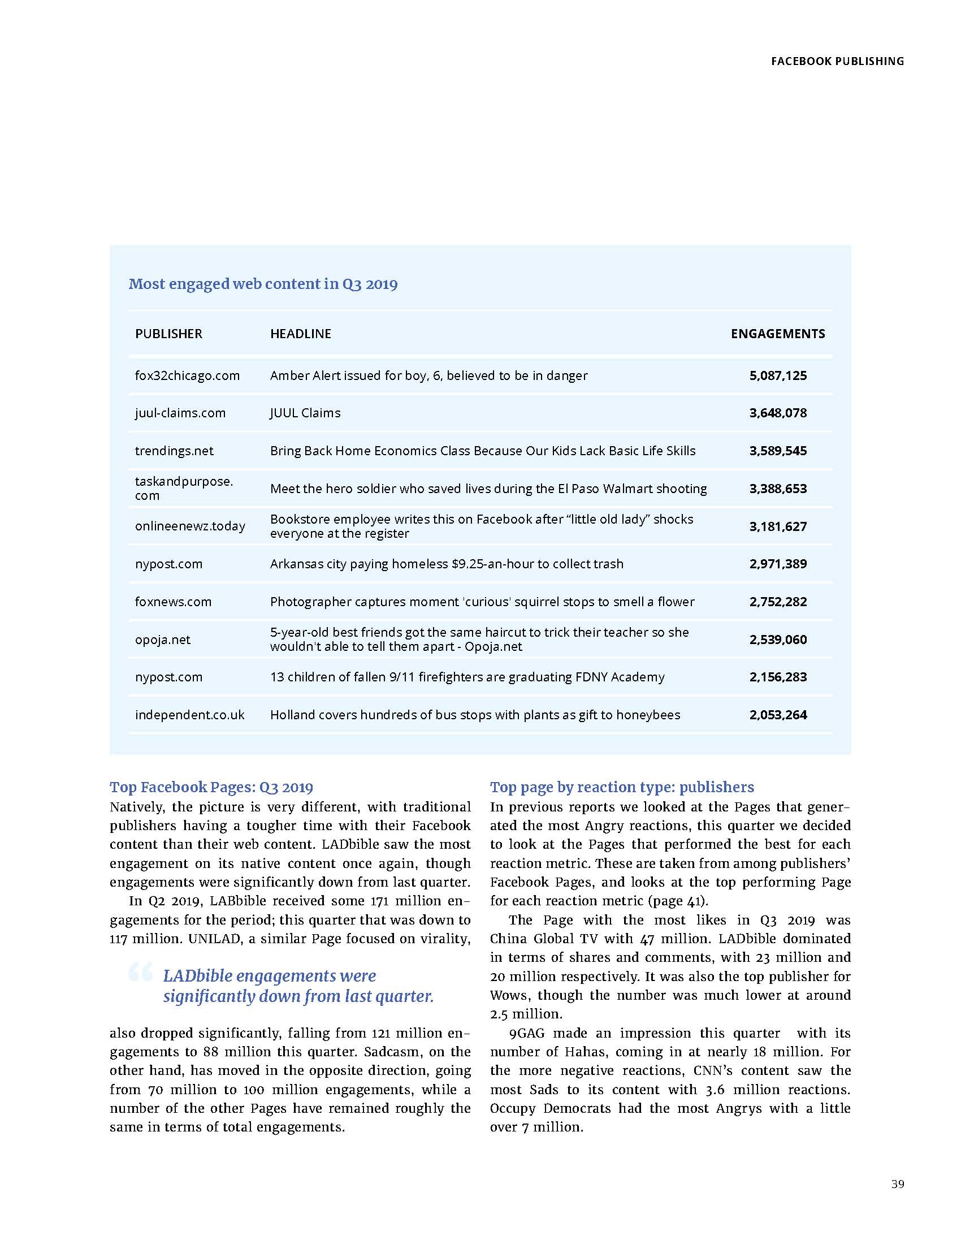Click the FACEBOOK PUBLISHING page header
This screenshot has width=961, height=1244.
[x=837, y=61]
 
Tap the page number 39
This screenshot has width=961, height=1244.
[x=897, y=1183]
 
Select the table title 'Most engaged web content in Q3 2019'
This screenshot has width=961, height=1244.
[x=262, y=284]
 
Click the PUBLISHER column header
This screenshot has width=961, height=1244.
[x=168, y=334]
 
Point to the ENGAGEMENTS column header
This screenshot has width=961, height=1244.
[x=778, y=334]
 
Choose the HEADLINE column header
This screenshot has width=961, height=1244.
[x=301, y=334]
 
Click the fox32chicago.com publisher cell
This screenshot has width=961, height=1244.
[x=187, y=376]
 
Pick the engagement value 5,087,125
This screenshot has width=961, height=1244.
[x=778, y=376]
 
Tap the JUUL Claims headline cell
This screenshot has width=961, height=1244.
[x=305, y=413]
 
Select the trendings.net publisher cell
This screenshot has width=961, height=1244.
[x=174, y=451]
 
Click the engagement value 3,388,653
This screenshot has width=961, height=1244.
[x=778, y=489]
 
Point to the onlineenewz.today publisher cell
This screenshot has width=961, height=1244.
[x=190, y=526]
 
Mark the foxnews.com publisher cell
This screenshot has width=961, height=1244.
[x=173, y=602]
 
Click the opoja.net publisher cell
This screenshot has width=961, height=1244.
[x=163, y=640]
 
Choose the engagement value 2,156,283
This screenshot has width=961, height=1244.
[x=778, y=677]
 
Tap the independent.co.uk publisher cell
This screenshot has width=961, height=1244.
[x=189, y=715]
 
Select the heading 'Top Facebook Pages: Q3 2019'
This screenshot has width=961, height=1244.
[x=211, y=787]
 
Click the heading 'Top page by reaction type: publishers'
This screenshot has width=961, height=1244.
[x=622, y=787]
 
